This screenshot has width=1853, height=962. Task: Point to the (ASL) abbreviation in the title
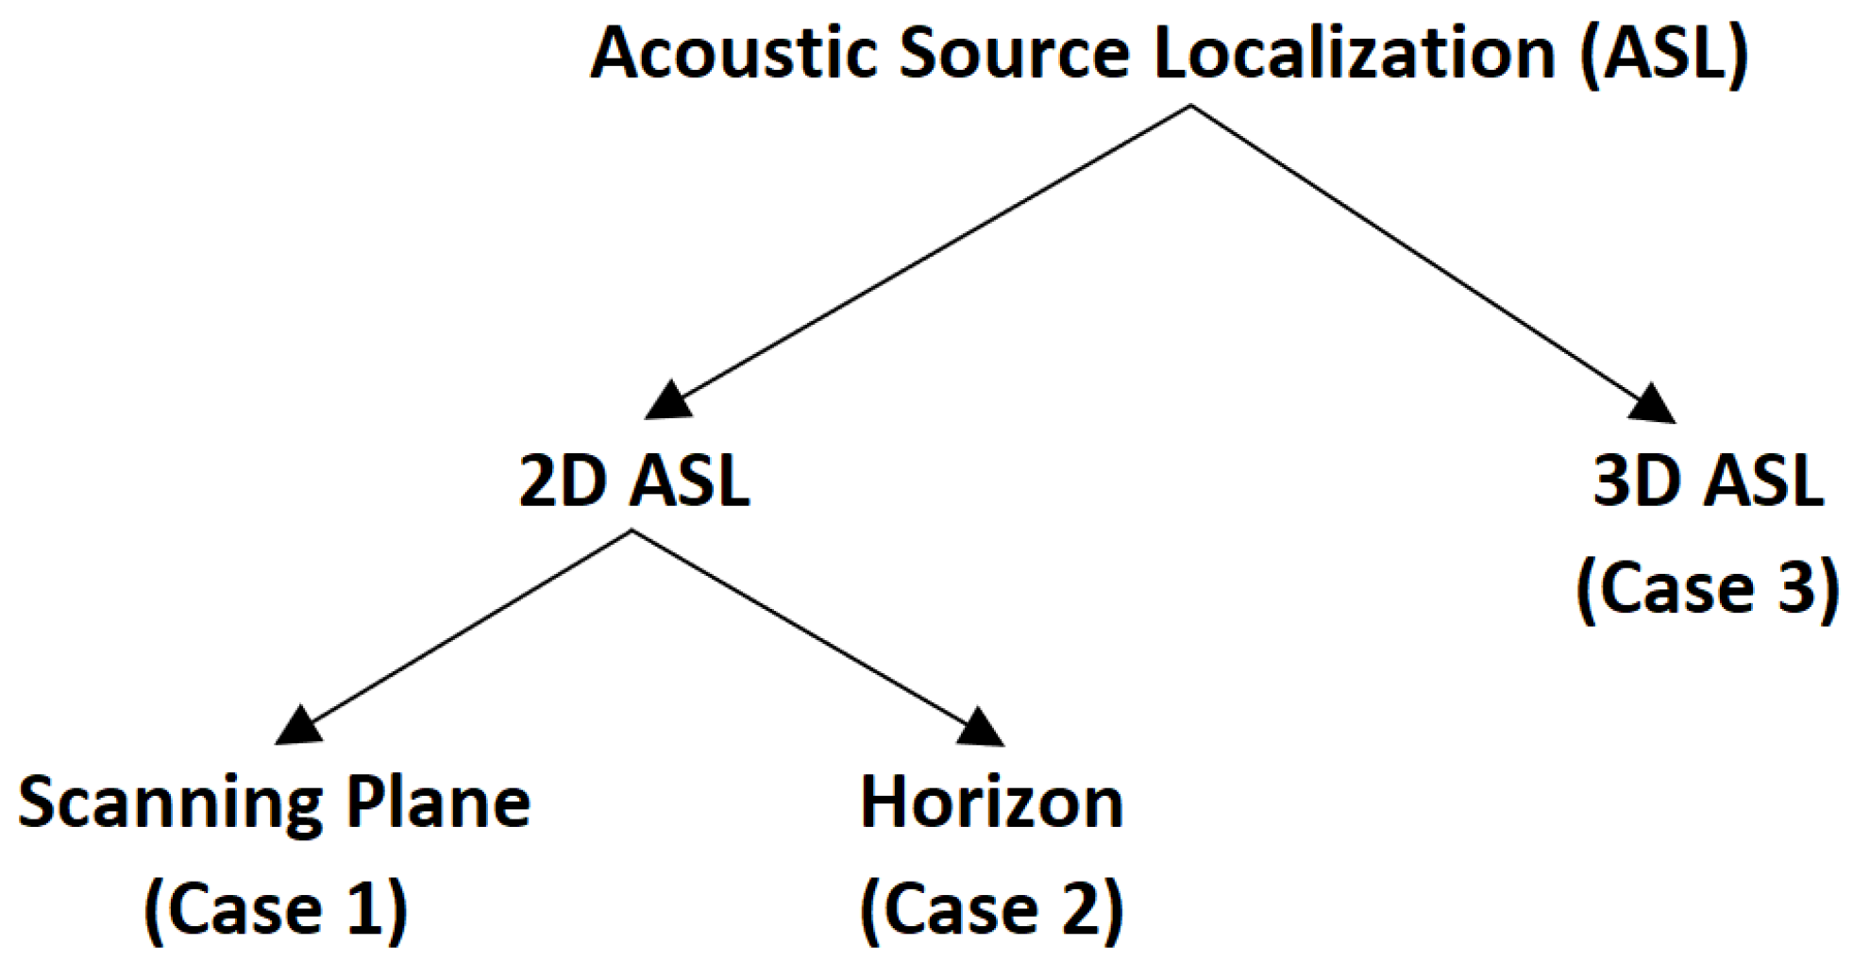(1664, 55)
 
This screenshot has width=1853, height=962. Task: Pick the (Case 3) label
(1708, 587)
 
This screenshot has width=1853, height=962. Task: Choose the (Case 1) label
(276, 908)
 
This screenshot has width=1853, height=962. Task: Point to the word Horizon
(991, 803)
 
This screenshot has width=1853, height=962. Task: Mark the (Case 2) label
(991, 908)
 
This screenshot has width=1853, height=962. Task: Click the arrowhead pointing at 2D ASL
(670, 400)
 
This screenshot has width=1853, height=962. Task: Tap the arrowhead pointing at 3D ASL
(1651, 403)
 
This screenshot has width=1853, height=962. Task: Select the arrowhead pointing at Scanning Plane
(299, 726)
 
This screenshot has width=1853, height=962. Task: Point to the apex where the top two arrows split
(1189, 106)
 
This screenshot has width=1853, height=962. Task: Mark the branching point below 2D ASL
(631, 532)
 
